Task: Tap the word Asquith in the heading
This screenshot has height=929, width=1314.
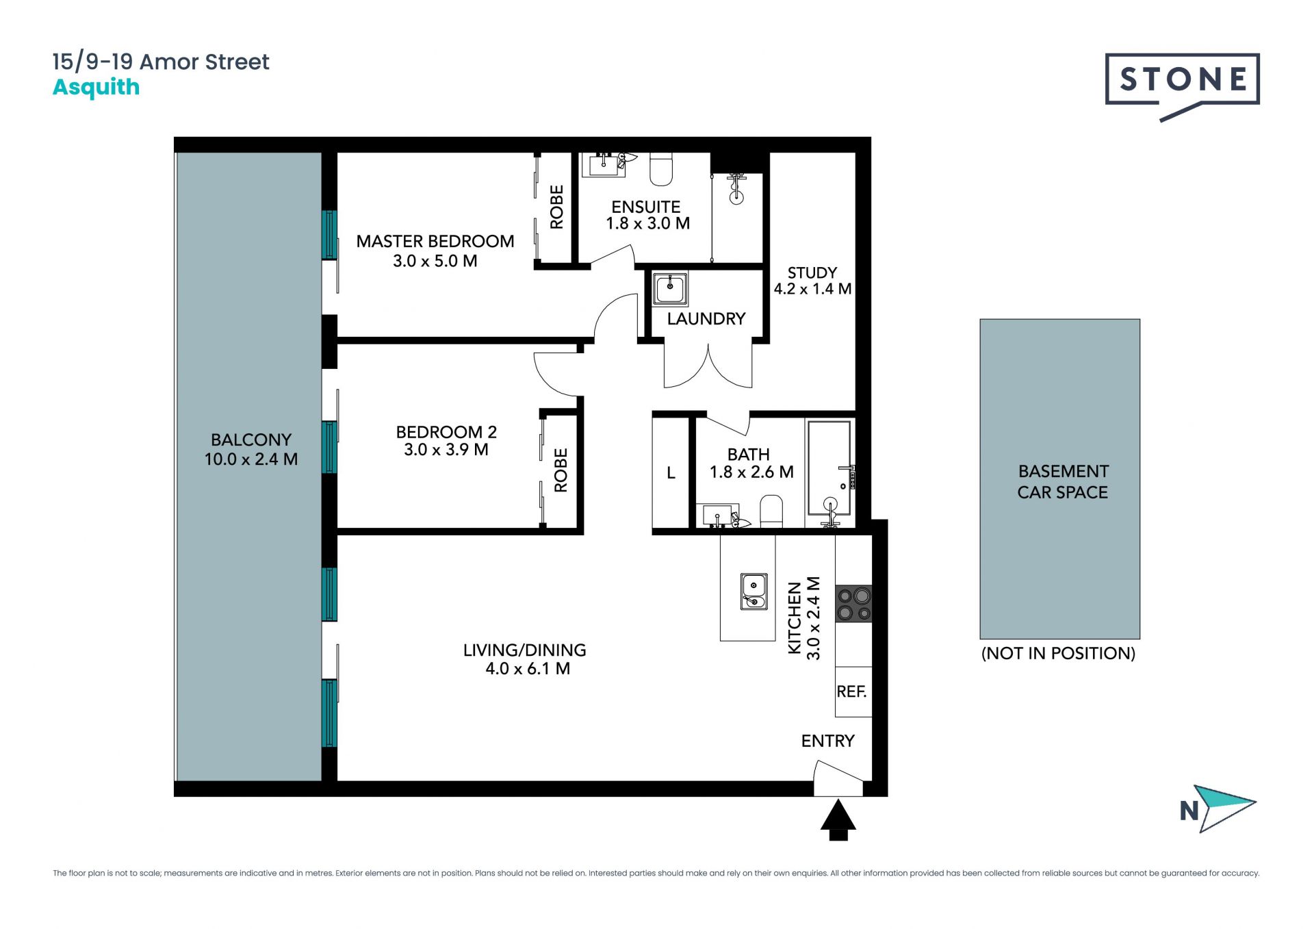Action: (96, 88)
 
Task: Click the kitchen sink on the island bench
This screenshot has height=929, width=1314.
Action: (753, 591)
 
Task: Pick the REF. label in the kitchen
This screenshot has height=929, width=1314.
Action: (851, 691)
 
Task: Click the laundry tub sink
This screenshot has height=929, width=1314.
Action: (670, 288)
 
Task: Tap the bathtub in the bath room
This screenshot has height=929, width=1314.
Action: (829, 468)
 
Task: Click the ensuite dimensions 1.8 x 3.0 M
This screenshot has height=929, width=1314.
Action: (647, 223)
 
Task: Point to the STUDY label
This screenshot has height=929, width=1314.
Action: (812, 272)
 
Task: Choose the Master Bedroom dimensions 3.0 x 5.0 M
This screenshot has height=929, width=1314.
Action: (435, 261)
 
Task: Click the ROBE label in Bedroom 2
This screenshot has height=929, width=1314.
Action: (561, 470)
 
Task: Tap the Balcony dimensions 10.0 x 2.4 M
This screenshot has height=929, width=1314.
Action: (251, 459)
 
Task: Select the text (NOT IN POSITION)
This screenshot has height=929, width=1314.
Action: (1058, 653)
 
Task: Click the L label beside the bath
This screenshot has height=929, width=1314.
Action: (671, 473)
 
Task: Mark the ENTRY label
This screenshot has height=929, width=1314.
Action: (828, 741)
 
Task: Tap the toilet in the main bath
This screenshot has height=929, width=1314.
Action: (771, 511)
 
